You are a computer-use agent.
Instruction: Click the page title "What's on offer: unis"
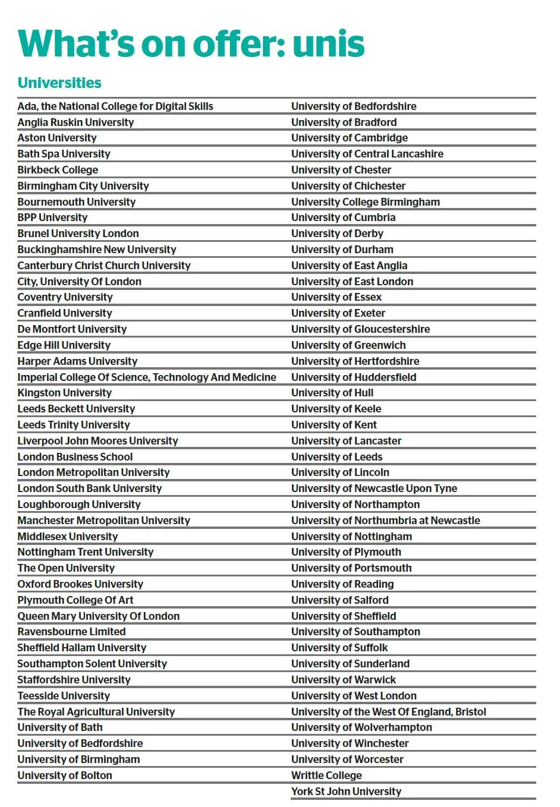[191, 44]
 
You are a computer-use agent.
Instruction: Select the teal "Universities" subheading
[59, 83]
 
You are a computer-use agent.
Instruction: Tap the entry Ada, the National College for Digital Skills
[115, 106]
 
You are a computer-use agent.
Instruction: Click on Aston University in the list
[57, 138]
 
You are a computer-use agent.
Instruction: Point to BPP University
[52, 217]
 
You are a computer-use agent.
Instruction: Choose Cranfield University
[65, 313]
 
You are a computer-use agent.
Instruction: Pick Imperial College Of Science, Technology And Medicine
[147, 377]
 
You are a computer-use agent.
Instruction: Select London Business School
[75, 456]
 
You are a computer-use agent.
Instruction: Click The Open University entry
[66, 568]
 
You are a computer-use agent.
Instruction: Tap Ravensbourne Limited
[71, 632]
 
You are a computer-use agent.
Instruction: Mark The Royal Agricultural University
[96, 711]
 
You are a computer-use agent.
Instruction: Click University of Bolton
[65, 775]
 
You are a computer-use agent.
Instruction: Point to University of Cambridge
[350, 138]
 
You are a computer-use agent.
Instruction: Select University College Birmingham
[366, 201]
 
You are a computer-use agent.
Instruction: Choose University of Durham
[342, 250]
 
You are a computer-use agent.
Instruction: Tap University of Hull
[332, 393]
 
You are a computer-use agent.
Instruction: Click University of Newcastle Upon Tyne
[374, 488]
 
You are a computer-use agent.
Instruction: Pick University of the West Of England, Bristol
[389, 711]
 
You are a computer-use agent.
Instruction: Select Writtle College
[326, 775]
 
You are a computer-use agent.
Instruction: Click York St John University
[346, 791]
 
